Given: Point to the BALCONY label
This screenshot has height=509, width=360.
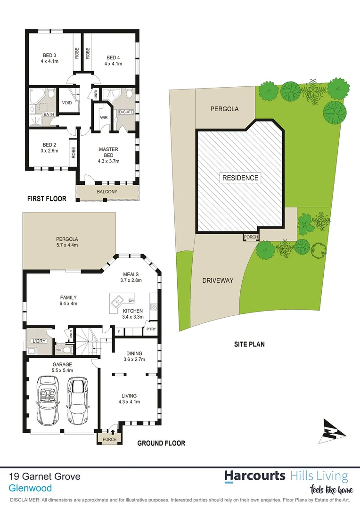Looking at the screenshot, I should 107,192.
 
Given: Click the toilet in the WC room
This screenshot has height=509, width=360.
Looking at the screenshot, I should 67,350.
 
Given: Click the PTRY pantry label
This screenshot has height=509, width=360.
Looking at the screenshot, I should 151,329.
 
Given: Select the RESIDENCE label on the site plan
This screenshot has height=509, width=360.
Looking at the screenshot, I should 240,178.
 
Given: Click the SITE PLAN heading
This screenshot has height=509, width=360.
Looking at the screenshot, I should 249,344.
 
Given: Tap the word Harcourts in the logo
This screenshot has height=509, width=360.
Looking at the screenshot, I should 254,476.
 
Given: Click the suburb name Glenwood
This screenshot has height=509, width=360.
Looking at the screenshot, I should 31,489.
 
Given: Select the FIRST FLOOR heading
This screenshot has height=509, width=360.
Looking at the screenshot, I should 46,198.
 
